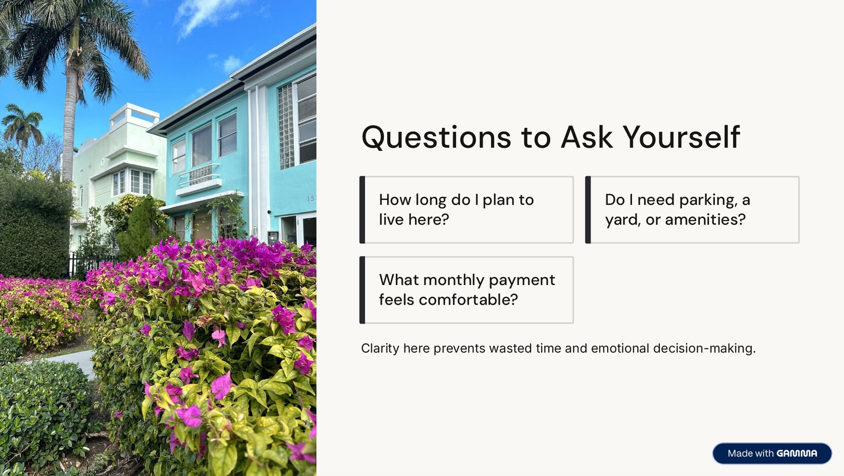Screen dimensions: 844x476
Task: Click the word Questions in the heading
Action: [436, 138]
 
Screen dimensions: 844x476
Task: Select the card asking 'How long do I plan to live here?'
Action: [466, 210]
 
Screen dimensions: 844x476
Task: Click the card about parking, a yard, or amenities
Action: [692, 210]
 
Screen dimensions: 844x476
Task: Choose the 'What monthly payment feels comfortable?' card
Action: [466, 290]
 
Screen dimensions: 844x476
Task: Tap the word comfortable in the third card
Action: [468, 300]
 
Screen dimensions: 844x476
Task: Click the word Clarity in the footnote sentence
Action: [380, 349]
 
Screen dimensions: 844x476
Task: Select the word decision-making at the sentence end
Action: [704, 349]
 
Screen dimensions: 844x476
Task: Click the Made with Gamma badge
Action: [772, 453]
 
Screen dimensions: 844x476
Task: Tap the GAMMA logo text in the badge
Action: [797, 453]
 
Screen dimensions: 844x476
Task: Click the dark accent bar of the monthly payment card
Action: [362, 290]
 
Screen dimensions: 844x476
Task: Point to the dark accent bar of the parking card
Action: [588, 210]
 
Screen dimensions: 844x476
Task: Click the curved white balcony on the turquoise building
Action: [198, 179]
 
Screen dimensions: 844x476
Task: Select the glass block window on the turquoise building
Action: [286, 126]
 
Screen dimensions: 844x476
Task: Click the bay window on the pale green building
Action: [132, 182]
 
